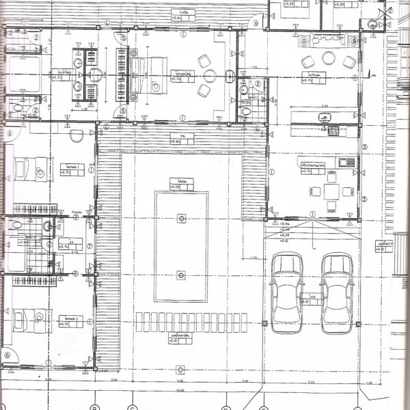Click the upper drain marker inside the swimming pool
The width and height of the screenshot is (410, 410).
(x=180, y=219)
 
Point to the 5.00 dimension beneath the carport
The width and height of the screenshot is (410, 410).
(x=310, y=383)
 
